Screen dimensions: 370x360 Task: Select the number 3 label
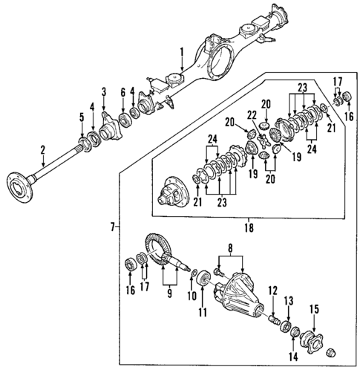(105, 91)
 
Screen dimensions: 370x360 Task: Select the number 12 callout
(272, 290)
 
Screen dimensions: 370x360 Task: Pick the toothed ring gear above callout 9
(157, 249)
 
